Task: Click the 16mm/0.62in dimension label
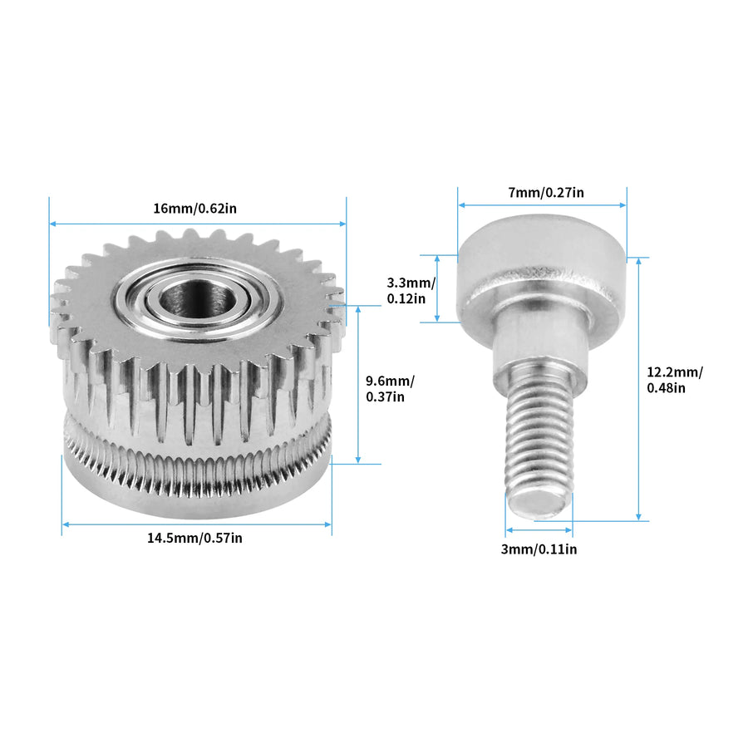click(x=194, y=209)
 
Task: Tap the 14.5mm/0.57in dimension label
click(x=194, y=538)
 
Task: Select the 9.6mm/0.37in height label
click(x=390, y=389)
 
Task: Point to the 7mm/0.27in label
click(x=546, y=192)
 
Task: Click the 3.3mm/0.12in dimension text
click(x=411, y=291)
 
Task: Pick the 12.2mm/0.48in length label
click(x=675, y=380)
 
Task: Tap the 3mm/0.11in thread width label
click(x=539, y=549)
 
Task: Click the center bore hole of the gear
click(x=196, y=300)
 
